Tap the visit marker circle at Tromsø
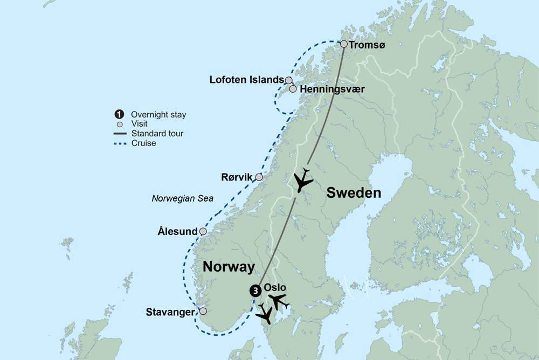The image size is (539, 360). coord(344,44)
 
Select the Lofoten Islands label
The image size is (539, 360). coord(246,80)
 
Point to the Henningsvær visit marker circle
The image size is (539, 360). coord(293,89)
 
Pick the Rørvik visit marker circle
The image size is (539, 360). coord(259,177)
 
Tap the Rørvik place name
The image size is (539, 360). coord(237,177)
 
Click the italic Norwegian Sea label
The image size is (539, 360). coord(182,198)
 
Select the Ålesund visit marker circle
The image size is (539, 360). coord(203,232)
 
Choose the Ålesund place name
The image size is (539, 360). coord(177,232)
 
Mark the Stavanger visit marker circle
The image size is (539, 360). coord(203,311)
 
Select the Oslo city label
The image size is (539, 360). coord(275,287)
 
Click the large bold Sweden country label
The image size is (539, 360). coord(354,193)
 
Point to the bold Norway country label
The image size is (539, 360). coord(228,267)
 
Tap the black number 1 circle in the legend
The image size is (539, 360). coord(118,114)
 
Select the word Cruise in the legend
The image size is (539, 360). coord(143,143)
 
